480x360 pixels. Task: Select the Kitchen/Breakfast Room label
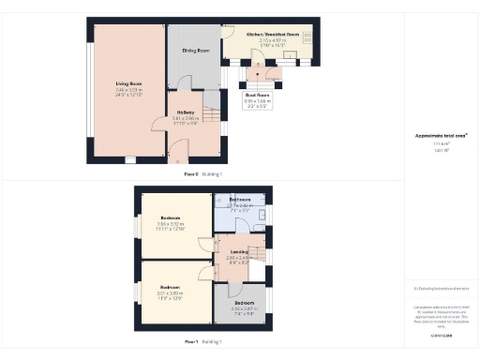click(271, 34)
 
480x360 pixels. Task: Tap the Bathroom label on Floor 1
click(239, 199)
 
